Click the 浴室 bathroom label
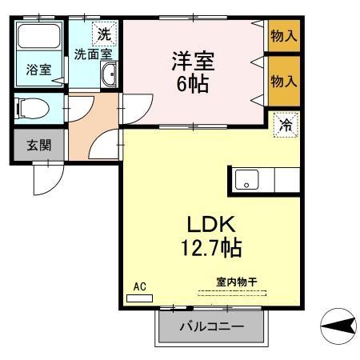[x=38, y=70]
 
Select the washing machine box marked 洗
[x=104, y=34]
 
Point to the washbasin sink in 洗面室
[x=110, y=75]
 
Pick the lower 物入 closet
[x=284, y=81]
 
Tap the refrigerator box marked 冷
[x=285, y=124]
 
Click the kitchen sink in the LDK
[x=247, y=180]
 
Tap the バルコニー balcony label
[x=210, y=327]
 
